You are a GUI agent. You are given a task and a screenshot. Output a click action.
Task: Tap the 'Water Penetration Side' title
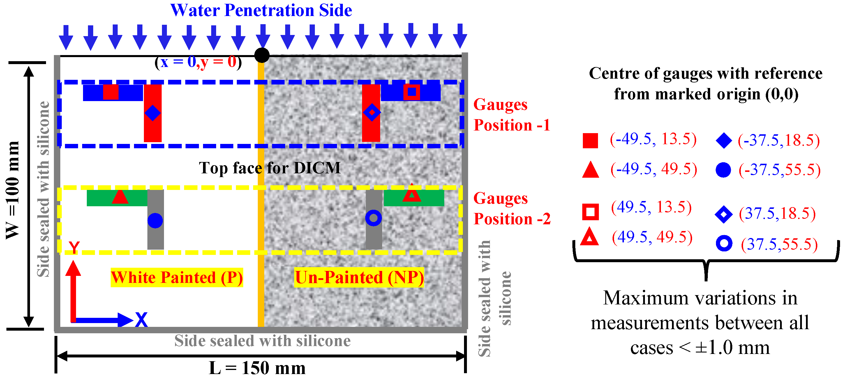[261, 10]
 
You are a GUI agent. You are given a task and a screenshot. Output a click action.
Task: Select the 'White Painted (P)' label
[177, 278]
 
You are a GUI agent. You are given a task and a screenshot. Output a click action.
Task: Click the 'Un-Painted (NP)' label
[359, 278]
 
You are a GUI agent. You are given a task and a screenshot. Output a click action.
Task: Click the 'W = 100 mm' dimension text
[13, 190]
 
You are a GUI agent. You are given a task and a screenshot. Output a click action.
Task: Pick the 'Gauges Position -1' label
[512, 115]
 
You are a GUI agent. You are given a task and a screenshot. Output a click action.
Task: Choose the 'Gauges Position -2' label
[512, 209]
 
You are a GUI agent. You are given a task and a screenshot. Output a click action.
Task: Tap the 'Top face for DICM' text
[270, 168]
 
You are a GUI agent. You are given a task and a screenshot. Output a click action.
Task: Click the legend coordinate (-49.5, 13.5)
[653, 139]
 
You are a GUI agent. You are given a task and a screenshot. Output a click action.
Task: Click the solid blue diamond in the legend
[724, 141]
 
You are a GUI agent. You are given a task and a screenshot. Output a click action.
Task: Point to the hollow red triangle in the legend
[590, 237]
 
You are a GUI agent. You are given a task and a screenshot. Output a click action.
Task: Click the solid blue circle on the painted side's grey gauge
[155, 221]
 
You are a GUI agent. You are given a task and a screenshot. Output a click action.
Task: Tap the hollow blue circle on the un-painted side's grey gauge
[373, 218]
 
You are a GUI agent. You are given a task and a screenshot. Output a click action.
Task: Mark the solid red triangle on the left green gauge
[120, 197]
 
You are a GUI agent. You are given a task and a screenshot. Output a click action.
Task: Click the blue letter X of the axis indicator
[141, 320]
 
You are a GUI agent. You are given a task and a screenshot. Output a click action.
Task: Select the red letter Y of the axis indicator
[74, 247]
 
